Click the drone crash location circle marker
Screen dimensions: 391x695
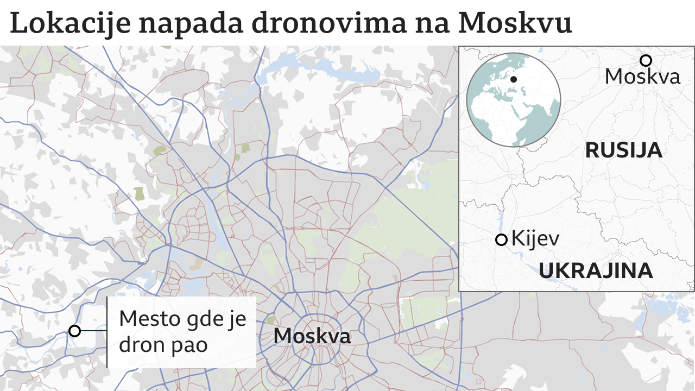[x=74, y=331]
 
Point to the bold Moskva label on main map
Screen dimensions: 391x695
[x=312, y=336]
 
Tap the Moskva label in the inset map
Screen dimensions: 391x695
[x=642, y=77]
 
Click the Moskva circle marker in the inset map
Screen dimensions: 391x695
[x=646, y=60]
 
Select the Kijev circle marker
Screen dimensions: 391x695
[x=501, y=239]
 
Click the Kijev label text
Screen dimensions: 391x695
[x=535, y=239]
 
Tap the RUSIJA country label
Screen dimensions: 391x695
[x=623, y=150]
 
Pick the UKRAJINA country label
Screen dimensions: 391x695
[x=596, y=270]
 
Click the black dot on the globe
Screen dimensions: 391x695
[x=514, y=79]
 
